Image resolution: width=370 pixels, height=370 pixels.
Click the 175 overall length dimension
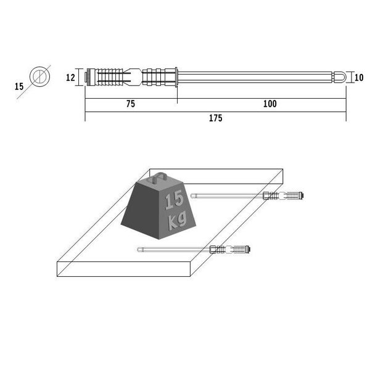pos(216,118)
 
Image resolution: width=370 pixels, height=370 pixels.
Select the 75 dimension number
pos(131,104)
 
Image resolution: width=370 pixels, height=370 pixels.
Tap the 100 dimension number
pos(270,104)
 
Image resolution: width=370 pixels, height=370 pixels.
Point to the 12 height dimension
pos(70,78)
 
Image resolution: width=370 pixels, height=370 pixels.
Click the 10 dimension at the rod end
pos(359,78)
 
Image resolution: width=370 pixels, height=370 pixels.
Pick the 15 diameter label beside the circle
pos(19,86)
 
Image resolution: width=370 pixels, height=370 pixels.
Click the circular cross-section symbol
pos(39,76)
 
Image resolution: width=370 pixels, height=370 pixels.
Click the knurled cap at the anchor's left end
pos(89,77)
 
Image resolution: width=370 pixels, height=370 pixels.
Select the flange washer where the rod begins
pos(176,77)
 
